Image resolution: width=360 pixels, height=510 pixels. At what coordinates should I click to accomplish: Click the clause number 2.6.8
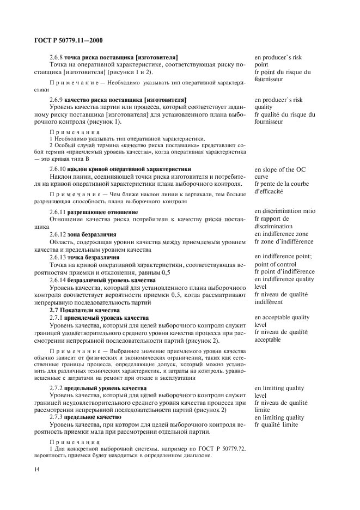(56, 57)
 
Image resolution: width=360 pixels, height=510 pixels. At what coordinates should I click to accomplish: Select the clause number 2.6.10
(58, 169)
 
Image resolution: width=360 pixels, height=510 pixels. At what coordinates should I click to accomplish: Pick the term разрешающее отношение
(95, 211)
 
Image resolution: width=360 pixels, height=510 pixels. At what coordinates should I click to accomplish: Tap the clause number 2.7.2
(56, 387)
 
